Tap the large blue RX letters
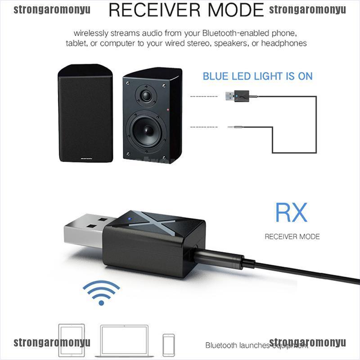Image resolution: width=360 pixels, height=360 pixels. tap(291, 213)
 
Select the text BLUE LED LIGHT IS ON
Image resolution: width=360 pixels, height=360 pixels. tap(257, 76)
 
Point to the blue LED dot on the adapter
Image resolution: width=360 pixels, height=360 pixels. tap(130, 220)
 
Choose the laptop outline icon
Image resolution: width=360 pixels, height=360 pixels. tap(124, 340)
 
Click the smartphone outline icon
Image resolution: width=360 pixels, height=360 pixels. tap(169, 342)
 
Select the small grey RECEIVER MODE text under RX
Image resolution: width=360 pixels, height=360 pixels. tap(292, 236)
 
